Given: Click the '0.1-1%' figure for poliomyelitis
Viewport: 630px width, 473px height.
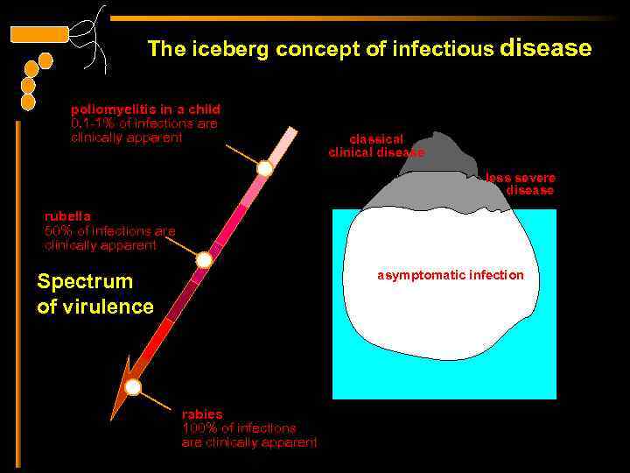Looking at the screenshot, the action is coord(90,124).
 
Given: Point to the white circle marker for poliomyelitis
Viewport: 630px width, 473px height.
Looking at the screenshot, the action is coord(264,168).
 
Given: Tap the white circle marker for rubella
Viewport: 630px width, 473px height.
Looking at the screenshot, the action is coord(204,259).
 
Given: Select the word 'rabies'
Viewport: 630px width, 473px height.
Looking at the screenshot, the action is coord(202,413).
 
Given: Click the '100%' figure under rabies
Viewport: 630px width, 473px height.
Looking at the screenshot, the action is coord(198,428).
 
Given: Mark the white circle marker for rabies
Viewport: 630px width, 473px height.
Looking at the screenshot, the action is coord(133,386).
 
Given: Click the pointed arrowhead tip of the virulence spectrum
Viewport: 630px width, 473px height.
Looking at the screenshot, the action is coord(115,416).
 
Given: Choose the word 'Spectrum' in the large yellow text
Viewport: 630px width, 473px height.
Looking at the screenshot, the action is coord(85,282).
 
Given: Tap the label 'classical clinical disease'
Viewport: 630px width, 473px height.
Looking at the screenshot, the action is coord(376,145).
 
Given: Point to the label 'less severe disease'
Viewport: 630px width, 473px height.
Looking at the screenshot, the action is coord(521,184).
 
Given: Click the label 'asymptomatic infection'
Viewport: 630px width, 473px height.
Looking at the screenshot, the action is coord(451,275).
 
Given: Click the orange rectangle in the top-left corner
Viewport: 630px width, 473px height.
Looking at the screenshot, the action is coord(38,35).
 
